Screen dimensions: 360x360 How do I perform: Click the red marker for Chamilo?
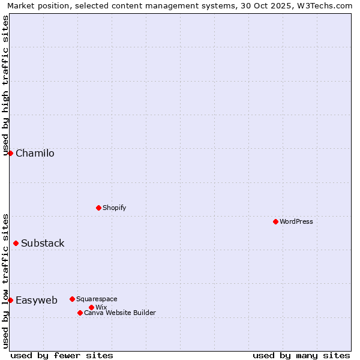[x=10, y=153]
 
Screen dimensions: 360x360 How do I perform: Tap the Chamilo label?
[x=35, y=154]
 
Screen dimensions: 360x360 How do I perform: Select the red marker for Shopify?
[x=98, y=208]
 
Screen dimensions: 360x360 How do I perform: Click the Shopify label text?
[x=114, y=208]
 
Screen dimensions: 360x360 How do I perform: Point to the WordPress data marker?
[x=275, y=221]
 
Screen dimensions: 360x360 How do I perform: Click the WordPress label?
[x=296, y=221]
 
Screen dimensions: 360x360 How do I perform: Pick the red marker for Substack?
[x=16, y=243]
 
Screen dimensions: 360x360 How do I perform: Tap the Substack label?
[x=43, y=244]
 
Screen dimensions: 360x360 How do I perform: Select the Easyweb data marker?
[x=10, y=300]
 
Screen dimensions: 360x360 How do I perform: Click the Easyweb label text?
[x=37, y=301]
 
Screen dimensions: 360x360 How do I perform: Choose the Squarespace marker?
[x=72, y=299]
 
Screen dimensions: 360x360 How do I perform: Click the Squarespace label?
[x=97, y=299]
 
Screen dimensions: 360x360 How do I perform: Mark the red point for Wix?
[x=91, y=307]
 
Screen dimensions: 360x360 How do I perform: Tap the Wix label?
[x=101, y=307]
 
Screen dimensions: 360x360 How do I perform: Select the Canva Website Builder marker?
[x=80, y=313]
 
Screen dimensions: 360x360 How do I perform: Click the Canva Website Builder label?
[x=120, y=313]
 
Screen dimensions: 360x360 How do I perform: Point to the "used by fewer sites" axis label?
[x=62, y=355]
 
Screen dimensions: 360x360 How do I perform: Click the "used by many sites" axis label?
[x=301, y=355]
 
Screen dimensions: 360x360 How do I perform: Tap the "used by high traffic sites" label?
[x=5, y=85]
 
